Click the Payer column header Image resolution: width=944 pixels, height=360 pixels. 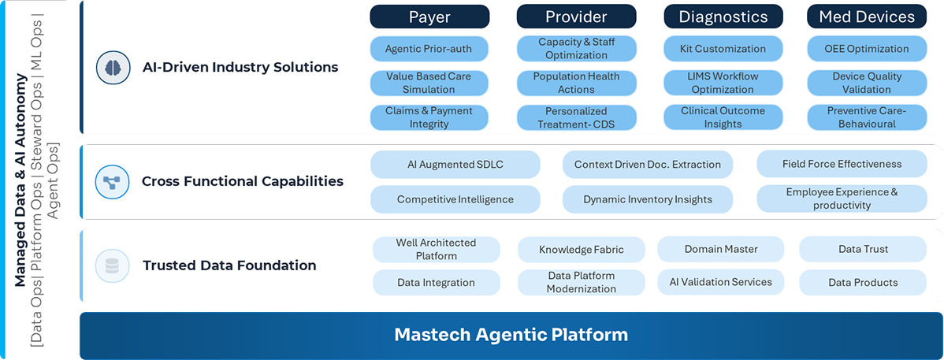(x=429, y=17)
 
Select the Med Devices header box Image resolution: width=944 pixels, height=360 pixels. (x=866, y=17)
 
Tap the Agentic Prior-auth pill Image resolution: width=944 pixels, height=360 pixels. (x=429, y=49)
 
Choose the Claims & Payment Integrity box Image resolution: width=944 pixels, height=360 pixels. (x=429, y=117)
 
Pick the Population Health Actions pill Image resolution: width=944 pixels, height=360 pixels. (x=576, y=83)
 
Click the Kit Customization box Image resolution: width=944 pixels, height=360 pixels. (x=723, y=49)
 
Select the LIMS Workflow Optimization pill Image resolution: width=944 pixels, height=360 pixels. (x=723, y=83)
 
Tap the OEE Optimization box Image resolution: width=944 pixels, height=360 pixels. (x=866, y=49)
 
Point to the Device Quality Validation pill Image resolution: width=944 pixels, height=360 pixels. (x=866, y=83)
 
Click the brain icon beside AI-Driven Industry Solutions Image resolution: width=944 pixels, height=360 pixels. (x=113, y=68)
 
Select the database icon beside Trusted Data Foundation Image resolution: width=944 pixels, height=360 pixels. (x=113, y=265)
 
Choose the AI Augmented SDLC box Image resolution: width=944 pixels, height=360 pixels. (x=455, y=165)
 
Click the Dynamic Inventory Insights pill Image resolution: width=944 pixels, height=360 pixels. (x=647, y=199)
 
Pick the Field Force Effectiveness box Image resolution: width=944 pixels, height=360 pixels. (x=842, y=165)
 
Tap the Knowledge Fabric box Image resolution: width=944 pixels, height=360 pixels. (x=581, y=249)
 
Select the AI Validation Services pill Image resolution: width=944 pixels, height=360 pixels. (x=721, y=282)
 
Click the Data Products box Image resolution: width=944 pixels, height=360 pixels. (x=863, y=282)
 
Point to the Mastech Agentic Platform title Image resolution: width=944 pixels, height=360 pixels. (x=511, y=335)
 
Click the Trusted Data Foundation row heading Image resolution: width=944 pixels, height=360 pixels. (x=229, y=265)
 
